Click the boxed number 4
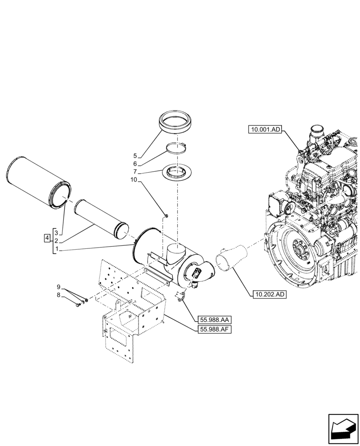(47, 238)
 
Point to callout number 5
(135, 156)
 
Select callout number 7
(135, 172)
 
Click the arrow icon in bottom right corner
(343, 428)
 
